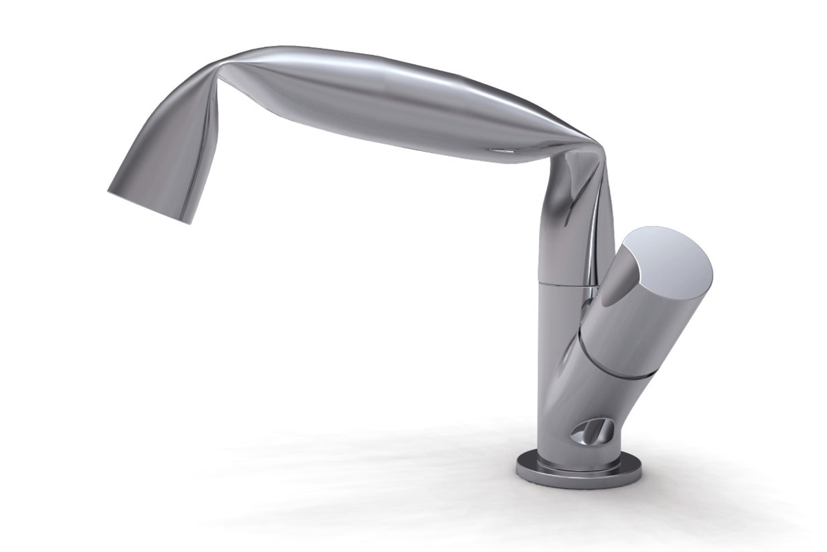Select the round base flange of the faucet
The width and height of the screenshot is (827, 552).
click(578, 473)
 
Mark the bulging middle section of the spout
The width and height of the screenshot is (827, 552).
click(386, 103)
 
